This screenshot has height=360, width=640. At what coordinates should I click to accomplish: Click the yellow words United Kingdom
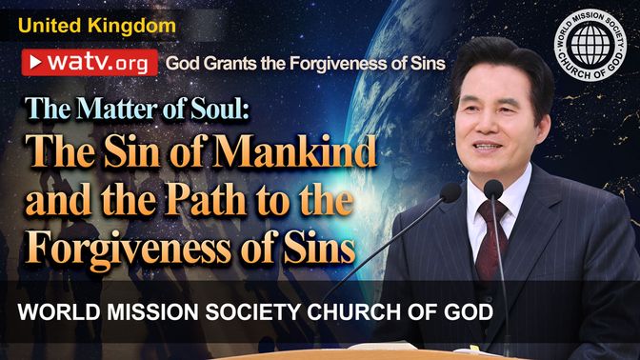(97, 26)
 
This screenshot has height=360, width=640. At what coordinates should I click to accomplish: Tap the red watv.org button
(90, 63)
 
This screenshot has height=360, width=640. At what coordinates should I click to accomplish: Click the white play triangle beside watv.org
(35, 63)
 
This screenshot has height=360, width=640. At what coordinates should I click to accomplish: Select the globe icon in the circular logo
(590, 44)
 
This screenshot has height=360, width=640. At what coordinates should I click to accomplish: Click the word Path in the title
(206, 200)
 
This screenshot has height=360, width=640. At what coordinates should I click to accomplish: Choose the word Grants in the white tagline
(230, 64)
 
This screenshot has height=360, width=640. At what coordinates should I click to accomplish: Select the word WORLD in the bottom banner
(59, 312)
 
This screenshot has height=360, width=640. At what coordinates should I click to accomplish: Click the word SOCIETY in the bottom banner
(252, 312)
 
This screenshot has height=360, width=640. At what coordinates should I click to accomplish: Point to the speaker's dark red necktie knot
(492, 210)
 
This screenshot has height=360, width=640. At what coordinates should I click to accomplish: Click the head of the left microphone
(450, 192)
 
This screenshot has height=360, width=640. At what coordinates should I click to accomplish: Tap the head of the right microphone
(493, 190)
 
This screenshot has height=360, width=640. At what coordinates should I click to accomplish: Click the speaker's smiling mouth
(487, 146)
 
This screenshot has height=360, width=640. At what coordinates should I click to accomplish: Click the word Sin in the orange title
(131, 150)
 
